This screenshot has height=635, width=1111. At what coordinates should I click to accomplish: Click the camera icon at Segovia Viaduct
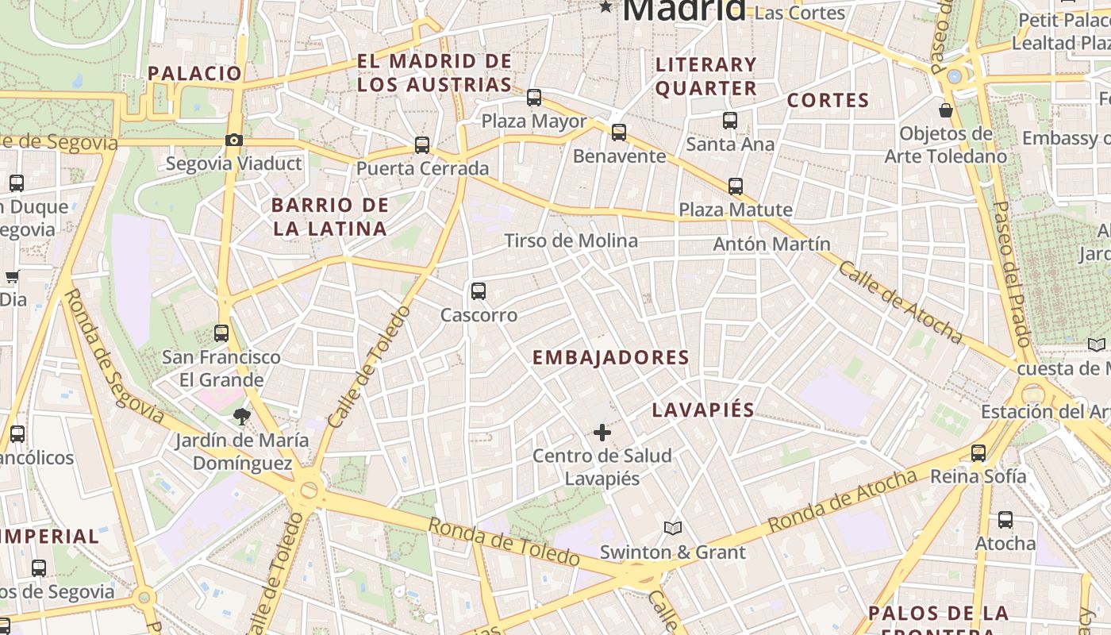233,140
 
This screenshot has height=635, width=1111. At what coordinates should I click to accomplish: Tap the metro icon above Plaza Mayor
534,98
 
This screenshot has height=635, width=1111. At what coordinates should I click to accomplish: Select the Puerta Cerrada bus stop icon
422,145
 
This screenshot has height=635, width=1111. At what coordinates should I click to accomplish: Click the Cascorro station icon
478,291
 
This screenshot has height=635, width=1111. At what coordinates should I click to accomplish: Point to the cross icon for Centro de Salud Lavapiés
602,433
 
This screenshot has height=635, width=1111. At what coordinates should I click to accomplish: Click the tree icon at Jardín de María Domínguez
241,416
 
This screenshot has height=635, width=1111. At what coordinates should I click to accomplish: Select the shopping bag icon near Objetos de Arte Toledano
946,110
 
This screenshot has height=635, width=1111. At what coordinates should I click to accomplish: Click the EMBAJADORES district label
610,358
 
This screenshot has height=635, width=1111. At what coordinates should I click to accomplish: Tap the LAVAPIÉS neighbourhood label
703,410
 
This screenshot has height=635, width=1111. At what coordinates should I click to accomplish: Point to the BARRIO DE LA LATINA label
329,217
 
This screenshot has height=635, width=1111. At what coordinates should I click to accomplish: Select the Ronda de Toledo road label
504,542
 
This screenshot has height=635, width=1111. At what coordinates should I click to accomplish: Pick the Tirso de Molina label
571,241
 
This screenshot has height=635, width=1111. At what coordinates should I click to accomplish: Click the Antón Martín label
771,244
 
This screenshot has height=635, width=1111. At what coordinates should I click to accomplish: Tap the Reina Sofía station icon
978,453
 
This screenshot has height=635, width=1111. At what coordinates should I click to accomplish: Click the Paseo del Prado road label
1012,274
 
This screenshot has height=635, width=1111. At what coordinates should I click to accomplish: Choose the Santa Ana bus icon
730,121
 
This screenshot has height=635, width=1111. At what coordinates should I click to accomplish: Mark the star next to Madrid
606,7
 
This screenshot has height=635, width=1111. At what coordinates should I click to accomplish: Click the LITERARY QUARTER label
706,76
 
